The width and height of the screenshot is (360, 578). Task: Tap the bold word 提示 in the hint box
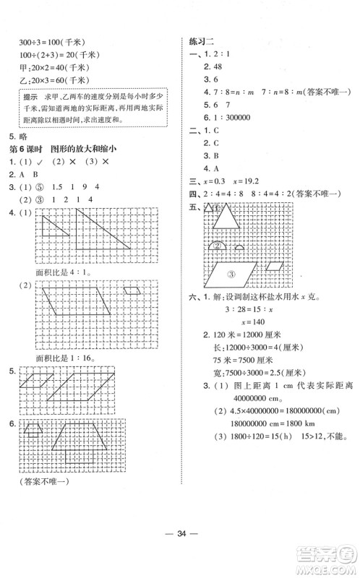tap(31, 96)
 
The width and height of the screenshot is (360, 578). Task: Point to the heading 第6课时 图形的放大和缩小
tap(61, 149)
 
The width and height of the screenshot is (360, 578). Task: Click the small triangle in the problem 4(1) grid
tap(52, 228)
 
